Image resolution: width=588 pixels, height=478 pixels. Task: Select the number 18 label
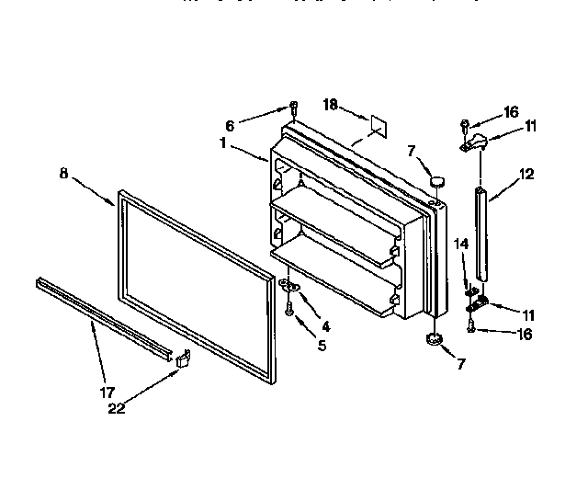[x=331, y=106]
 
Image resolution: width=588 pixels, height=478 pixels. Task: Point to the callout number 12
[x=526, y=173]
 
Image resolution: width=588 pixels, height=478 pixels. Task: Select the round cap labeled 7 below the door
[x=434, y=342]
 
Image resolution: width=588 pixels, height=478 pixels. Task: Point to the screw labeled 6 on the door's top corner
[x=293, y=107]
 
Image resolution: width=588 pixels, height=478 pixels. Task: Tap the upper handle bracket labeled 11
[x=475, y=141]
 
